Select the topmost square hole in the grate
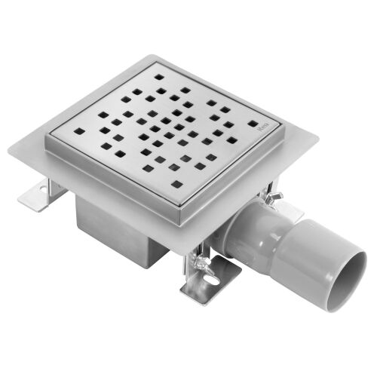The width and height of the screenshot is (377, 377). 159,76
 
